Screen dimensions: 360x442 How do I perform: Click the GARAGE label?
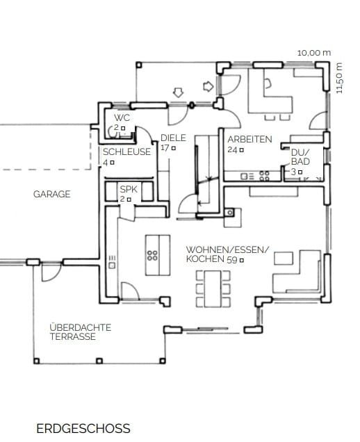point(52,194)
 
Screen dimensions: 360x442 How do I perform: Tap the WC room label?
point(122,117)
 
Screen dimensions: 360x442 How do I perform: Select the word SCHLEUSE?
point(126,152)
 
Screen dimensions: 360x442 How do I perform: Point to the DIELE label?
point(173,138)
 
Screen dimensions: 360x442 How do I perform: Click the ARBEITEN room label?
point(249,139)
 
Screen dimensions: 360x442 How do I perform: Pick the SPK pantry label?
point(129,189)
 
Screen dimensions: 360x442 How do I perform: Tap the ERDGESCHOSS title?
point(83,429)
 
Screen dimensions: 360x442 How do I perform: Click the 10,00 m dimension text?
point(314,53)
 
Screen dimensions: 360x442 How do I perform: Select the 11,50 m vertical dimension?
point(339,78)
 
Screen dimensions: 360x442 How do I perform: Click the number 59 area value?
point(232,260)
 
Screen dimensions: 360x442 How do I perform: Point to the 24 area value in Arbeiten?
point(232,150)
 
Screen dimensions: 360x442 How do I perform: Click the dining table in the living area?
point(213,288)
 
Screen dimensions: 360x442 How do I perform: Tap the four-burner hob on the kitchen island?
point(152,255)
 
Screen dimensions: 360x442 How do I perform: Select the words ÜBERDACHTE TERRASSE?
point(81,332)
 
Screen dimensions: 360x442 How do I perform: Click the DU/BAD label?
point(300,157)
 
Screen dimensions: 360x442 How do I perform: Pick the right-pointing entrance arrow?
point(208,86)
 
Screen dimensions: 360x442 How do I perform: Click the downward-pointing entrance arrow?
point(178,92)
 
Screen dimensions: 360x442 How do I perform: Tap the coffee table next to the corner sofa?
point(284,259)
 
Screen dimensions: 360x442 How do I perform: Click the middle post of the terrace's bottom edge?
point(99,361)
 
